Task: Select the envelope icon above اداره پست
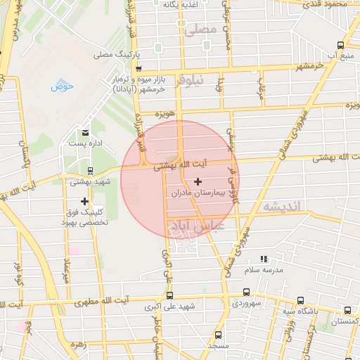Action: pyautogui.click(x=85, y=133)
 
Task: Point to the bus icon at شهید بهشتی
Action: pyautogui.click(x=89, y=171)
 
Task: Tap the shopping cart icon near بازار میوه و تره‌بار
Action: pyautogui.click(x=139, y=68)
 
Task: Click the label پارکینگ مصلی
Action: pyautogui.click(x=118, y=54)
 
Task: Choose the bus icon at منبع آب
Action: pyautogui.click(x=340, y=44)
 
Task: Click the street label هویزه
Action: pyautogui.click(x=165, y=113)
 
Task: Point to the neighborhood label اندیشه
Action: pyautogui.click(x=279, y=207)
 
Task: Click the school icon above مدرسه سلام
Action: pyautogui.click(x=264, y=259)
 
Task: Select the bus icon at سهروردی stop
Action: pyautogui.click(x=246, y=292)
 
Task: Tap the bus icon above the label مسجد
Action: pyautogui.click(x=218, y=335)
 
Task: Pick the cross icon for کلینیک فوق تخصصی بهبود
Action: pyautogui.click(x=85, y=202)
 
